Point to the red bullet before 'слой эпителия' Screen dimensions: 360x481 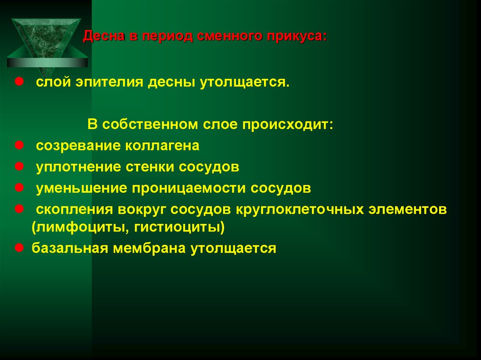tap(20, 82)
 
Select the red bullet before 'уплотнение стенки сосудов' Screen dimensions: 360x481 tap(20, 166)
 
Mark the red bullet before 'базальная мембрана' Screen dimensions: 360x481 tap(20, 247)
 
